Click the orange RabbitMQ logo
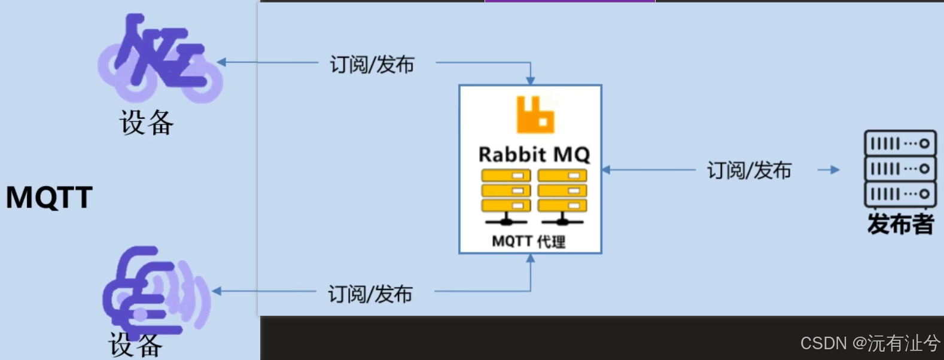coord(535,115)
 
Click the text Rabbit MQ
coord(534,155)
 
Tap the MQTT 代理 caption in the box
coord(528,242)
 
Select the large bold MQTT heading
coord(49,197)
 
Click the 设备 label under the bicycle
coord(147,123)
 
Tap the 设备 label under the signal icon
coord(135,346)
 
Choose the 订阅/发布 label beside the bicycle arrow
coord(371,64)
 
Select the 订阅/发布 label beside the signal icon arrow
coord(370,294)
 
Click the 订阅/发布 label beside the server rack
coord(749,170)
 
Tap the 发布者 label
coord(900,224)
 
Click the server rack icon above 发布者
coord(900,169)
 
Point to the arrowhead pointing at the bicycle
coord(221,62)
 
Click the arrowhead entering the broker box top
coord(530,81)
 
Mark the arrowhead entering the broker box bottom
coord(530,258)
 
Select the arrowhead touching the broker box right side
coord(606,170)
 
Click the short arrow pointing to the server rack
coord(829,170)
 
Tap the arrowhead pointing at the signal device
coord(217,291)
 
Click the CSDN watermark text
coord(870,343)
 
